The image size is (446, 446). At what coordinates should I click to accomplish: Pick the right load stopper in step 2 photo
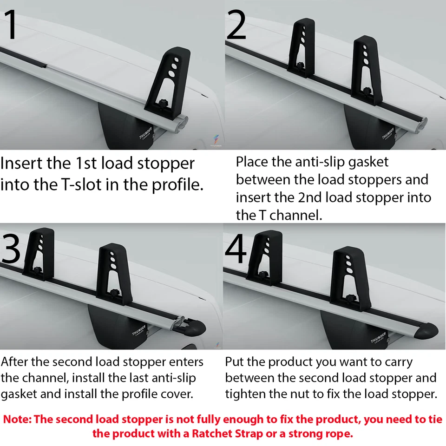coord(367,70)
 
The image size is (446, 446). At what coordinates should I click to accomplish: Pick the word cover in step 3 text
coord(179,394)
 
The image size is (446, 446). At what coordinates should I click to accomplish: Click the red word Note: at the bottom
coord(18,420)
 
